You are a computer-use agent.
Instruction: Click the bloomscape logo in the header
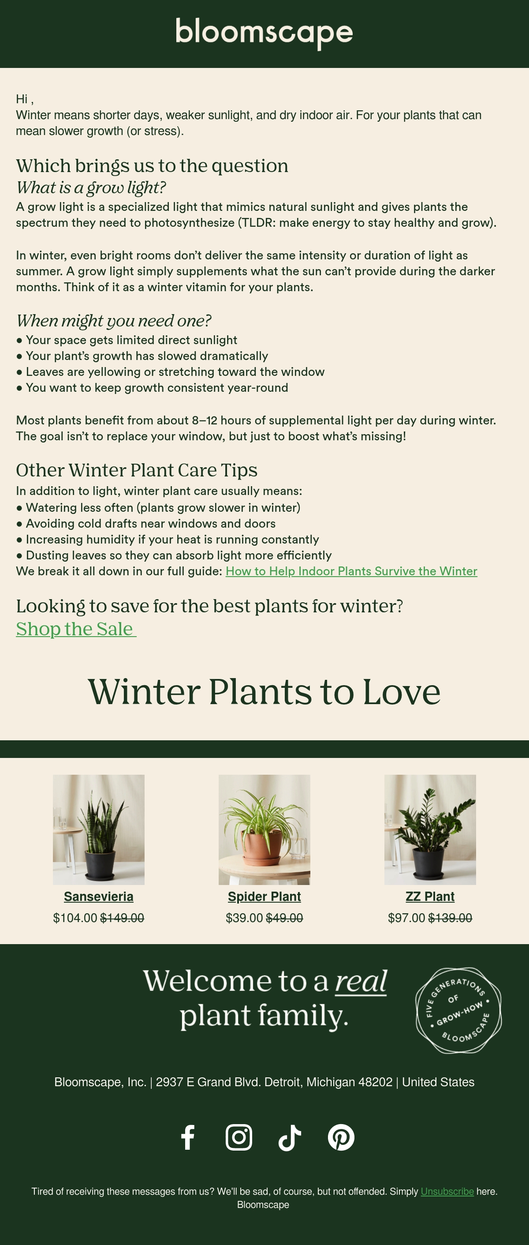[x=264, y=33]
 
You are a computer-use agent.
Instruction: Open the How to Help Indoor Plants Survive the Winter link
[x=351, y=571]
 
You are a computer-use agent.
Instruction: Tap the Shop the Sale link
[x=76, y=629]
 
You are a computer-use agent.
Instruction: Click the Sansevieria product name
[x=99, y=896]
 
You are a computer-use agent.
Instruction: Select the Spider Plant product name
[x=264, y=896]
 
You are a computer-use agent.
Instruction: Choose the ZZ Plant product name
[x=430, y=896]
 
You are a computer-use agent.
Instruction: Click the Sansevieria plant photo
[x=99, y=829]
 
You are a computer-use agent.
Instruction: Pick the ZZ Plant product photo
[x=430, y=829]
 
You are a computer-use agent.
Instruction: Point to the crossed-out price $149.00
[x=122, y=918]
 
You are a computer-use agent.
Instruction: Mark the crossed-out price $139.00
[x=450, y=918]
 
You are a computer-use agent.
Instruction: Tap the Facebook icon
[x=188, y=1137]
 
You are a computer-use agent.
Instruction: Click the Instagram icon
[x=238, y=1137]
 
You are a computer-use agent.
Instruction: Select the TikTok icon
[x=290, y=1137]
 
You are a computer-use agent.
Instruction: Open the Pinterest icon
[x=341, y=1137]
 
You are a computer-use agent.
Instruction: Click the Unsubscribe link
[x=447, y=1191]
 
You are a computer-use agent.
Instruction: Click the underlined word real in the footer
[x=361, y=981]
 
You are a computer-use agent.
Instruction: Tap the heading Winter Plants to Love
[x=264, y=692]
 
